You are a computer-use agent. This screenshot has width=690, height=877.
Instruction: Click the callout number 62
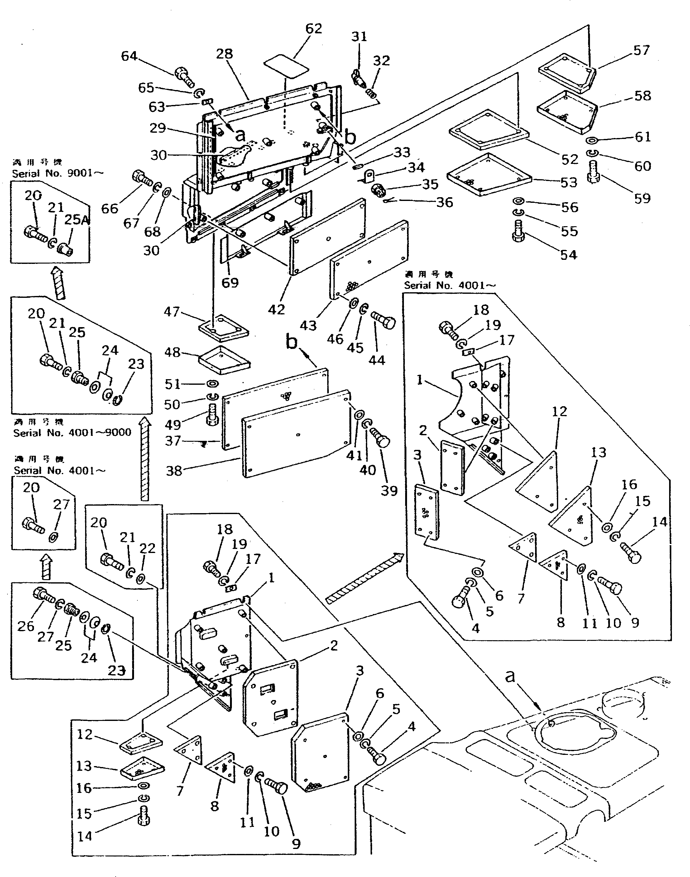314,29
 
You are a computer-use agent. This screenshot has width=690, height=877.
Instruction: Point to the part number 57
641,50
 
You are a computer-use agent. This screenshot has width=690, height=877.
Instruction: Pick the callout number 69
230,282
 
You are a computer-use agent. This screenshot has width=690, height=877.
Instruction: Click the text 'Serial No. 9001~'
57,174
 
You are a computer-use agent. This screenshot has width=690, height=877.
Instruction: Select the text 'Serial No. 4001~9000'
72,432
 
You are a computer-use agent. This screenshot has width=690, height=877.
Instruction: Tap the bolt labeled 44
383,321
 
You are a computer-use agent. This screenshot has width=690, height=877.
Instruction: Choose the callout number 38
174,470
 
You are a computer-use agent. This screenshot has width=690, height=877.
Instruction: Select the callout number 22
147,548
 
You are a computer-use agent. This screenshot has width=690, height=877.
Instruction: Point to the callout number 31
359,37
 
